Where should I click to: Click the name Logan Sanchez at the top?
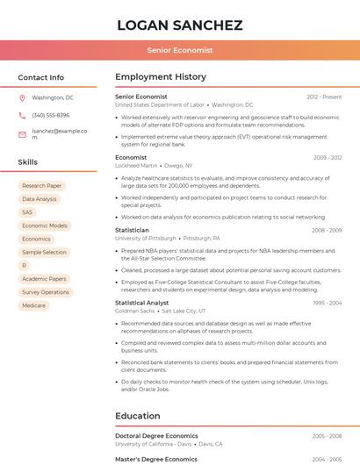click(x=179, y=25)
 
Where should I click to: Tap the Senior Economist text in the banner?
click(x=179, y=50)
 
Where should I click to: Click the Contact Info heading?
click(x=41, y=77)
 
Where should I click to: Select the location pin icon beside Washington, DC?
click(x=22, y=98)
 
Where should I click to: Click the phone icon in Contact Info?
click(x=22, y=116)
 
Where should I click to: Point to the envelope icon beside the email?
click(x=22, y=134)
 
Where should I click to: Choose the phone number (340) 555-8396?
click(x=51, y=116)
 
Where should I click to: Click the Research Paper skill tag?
click(x=41, y=186)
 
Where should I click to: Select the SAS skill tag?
click(x=27, y=212)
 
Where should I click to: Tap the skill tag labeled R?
click(x=25, y=265)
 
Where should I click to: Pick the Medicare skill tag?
click(x=34, y=305)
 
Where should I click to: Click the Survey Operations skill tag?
click(x=46, y=292)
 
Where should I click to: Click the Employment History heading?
click(x=160, y=77)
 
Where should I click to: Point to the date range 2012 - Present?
click(x=324, y=97)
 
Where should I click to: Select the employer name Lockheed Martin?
click(x=136, y=165)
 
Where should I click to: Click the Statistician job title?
click(x=132, y=230)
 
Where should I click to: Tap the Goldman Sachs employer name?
click(x=134, y=311)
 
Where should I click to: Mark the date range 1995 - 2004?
click(x=327, y=303)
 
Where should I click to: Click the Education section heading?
click(x=139, y=415)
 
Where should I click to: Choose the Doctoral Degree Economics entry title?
click(x=156, y=435)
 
